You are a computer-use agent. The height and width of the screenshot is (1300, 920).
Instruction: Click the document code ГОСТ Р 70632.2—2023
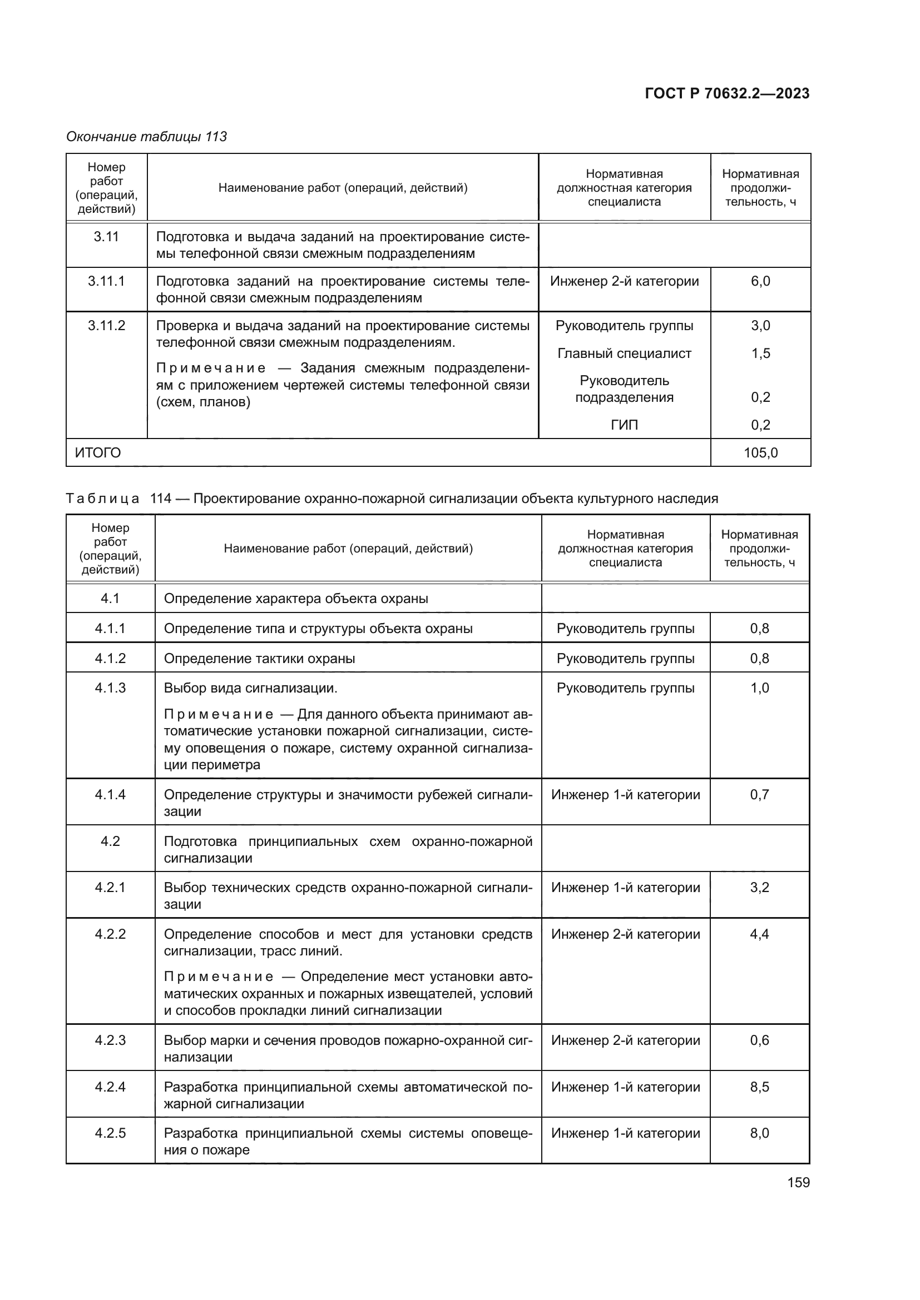[727, 93]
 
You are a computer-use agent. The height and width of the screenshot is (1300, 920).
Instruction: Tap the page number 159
[798, 1183]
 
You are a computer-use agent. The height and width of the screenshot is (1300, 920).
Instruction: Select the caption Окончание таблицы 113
[147, 137]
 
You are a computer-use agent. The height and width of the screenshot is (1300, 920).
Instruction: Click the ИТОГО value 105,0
[760, 453]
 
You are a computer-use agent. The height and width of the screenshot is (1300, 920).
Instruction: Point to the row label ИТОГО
[98, 453]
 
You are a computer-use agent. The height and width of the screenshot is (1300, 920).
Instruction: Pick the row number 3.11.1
[106, 281]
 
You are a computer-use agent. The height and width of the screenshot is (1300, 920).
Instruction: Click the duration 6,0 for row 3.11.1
[760, 281]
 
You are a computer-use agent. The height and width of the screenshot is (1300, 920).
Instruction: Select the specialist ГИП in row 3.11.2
[624, 425]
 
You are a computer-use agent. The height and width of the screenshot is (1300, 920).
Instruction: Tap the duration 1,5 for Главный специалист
[760, 353]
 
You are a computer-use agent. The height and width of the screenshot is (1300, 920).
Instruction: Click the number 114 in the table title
[161, 499]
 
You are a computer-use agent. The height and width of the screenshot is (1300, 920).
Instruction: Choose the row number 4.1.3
[110, 688]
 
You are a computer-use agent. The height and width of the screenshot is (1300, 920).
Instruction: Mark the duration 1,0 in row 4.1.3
[760, 688]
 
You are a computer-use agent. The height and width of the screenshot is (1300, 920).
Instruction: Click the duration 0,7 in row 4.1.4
[760, 794]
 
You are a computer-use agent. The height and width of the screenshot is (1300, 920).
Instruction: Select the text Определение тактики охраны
[259, 659]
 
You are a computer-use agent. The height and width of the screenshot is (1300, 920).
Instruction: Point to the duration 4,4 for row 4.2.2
[760, 934]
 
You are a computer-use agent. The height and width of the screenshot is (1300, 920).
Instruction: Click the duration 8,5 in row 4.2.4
[760, 1087]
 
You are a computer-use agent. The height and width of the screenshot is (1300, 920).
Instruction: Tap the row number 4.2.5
[110, 1133]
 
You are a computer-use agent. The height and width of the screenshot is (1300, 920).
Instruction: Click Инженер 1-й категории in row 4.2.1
[625, 887]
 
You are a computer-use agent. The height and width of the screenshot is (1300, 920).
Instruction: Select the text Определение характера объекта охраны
[296, 599]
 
